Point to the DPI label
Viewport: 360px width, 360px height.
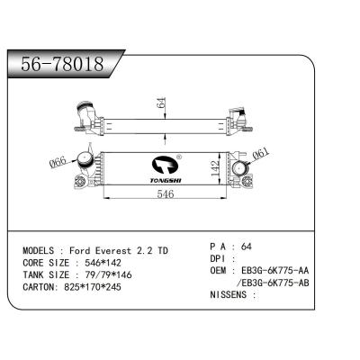click(221, 256)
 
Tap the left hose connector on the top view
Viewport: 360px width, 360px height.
click(87, 115)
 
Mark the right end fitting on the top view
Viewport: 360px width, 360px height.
click(238, 118)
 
